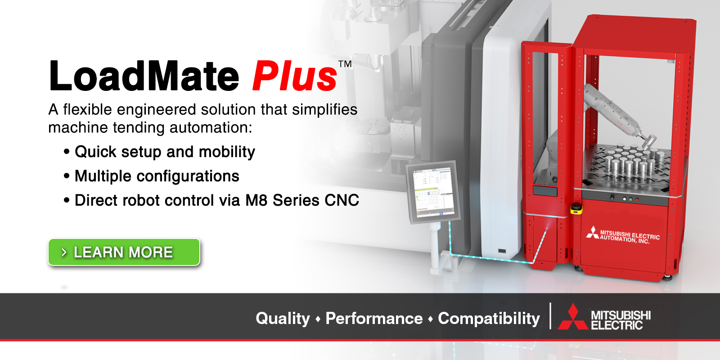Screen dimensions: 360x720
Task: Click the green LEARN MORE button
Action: point(124,252)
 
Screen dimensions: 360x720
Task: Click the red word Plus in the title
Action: point(295,76)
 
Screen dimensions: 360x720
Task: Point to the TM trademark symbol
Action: point(345,64)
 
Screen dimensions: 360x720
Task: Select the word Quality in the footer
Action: point(283,319)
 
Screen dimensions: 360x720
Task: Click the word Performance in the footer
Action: point(374,319)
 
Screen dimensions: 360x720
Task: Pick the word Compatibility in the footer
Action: point(489,319)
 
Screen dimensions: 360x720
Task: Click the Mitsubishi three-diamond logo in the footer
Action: point(572,318)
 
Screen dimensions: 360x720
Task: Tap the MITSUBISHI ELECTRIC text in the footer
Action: point(621,320)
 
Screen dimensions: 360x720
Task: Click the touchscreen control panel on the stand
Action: point(433,193)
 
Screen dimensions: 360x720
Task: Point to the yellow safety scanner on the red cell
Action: point(576,208)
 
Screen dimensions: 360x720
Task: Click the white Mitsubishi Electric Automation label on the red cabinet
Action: point(623,235)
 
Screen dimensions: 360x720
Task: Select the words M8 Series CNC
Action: point(302,200)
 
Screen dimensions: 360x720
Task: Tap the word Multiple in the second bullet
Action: point(103,176)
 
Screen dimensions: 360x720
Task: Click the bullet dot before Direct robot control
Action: point(67,201)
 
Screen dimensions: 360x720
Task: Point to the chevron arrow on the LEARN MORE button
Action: point(64,252)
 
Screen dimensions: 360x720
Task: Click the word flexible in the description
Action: point(87,109)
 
